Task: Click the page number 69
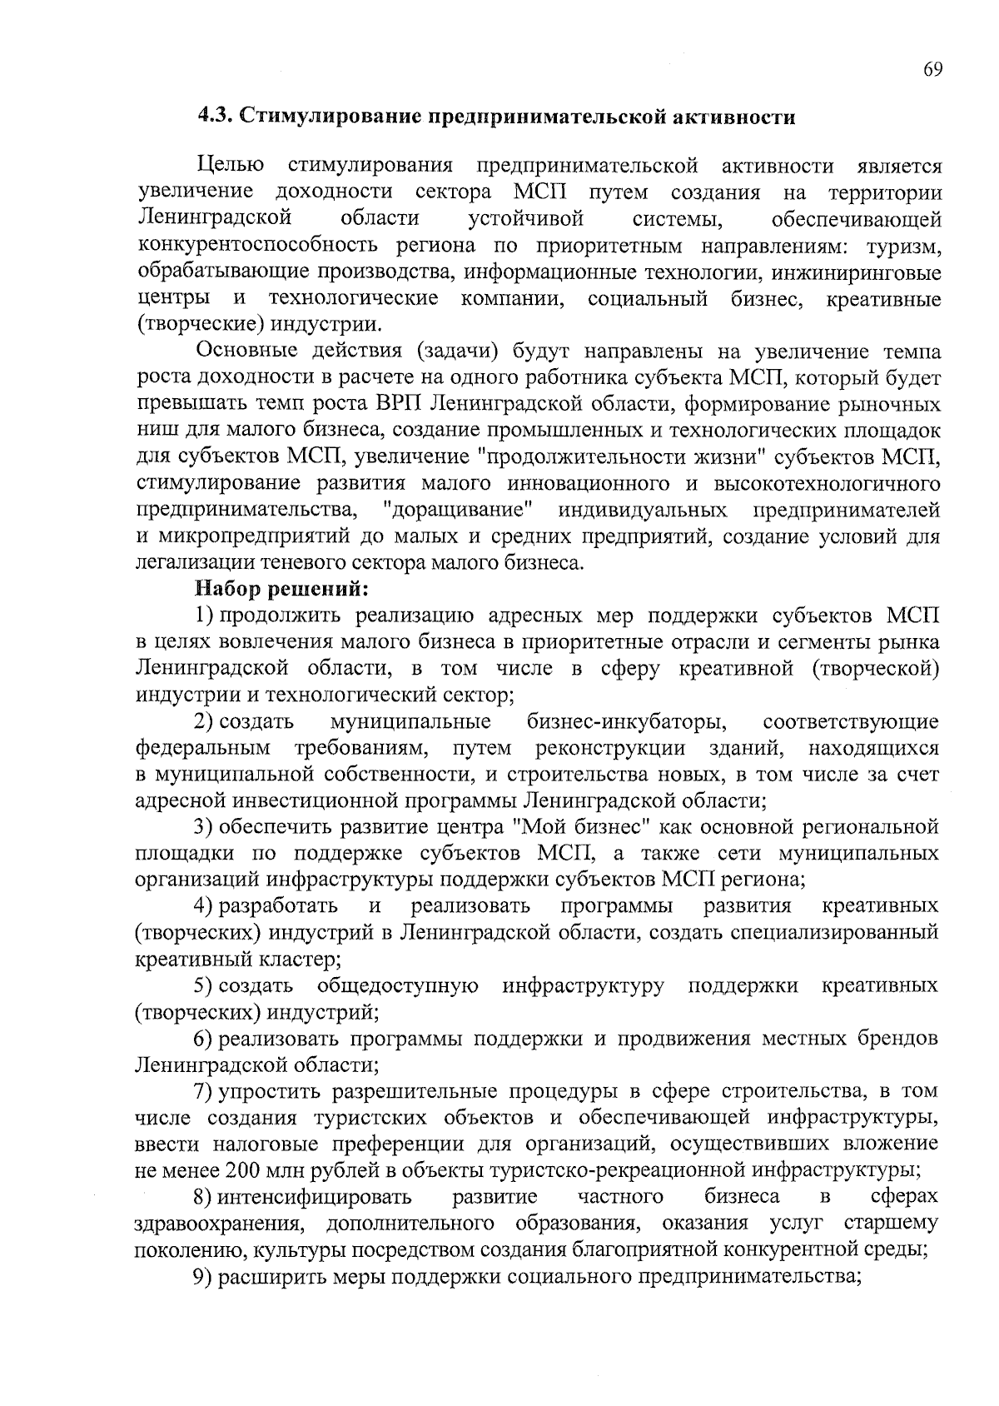(932, 70)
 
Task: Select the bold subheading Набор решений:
(281, 589)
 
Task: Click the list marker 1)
(204, 616)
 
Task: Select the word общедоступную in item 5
(397, 986)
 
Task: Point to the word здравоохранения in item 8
(217, 1224)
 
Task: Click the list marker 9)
(203, 1277)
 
